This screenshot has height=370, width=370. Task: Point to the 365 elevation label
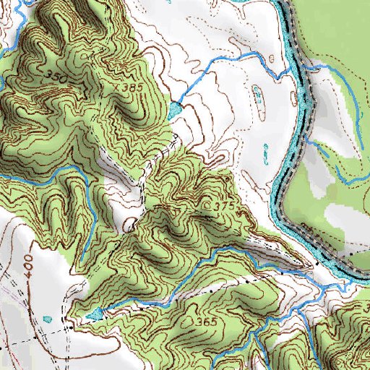coord(206,322)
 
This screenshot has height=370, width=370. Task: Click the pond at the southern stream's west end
coord(93,314)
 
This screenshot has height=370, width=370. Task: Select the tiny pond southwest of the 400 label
coord(48,318)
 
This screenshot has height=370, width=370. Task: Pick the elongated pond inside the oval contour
coord(258,93)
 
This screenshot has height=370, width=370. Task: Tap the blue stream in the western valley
coord(43,177)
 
